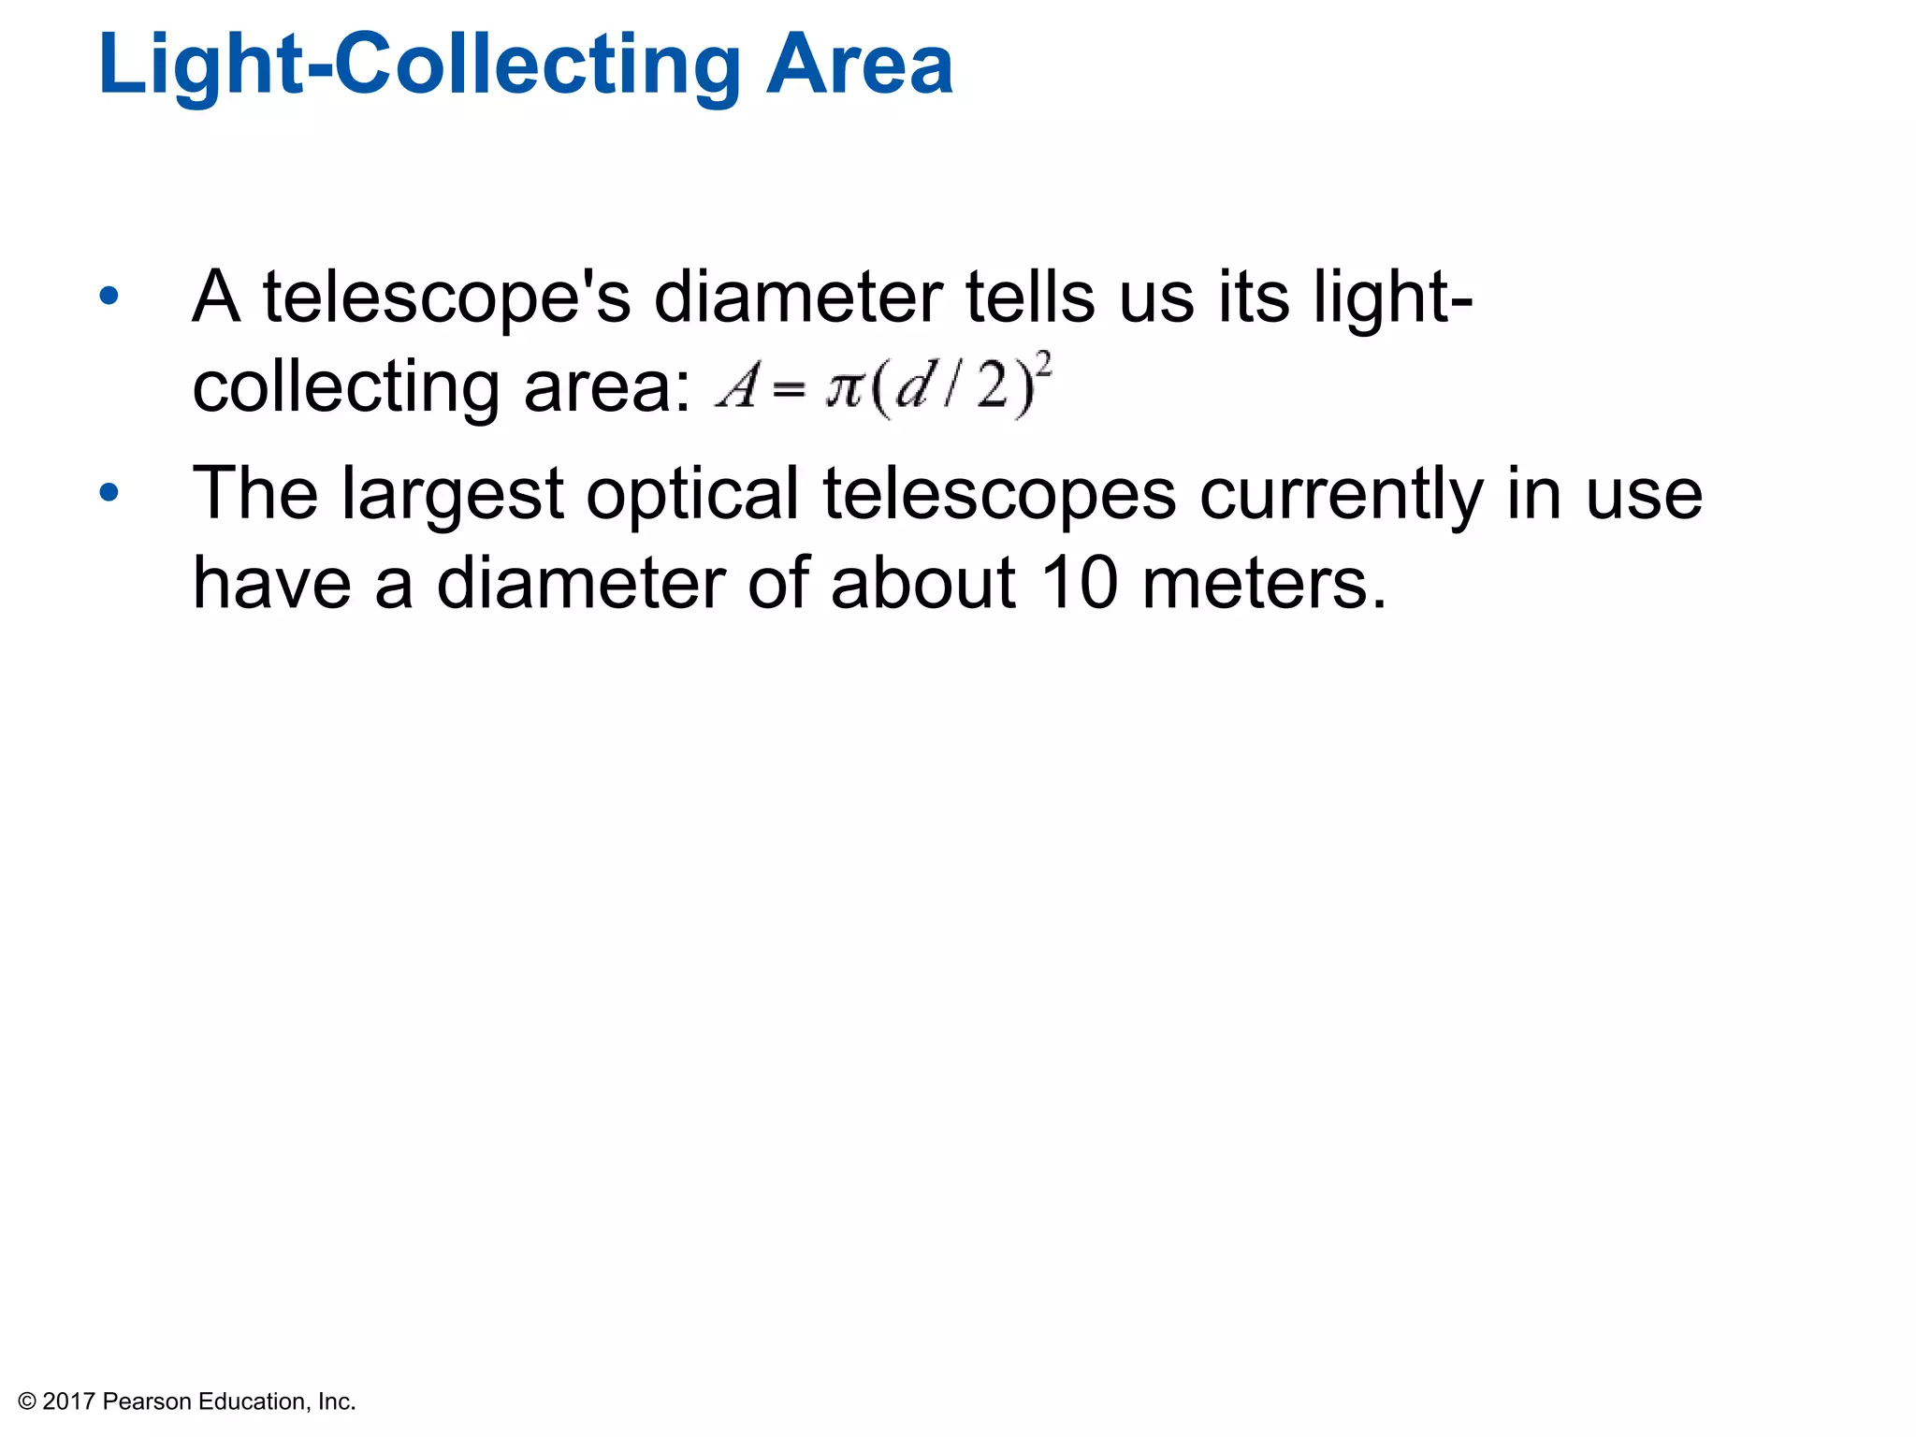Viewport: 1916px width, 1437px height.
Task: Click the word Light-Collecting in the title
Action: coord(420,65)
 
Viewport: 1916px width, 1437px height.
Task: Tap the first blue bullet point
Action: coord(109,297)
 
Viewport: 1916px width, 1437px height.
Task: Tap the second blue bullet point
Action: coord(109,492)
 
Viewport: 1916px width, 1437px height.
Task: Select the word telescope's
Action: coord(446,298)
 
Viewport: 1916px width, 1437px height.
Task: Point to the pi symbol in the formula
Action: coord(844,386)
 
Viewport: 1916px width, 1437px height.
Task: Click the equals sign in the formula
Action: coord(789,389)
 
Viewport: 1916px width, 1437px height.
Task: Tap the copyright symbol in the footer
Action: coord(27,1401)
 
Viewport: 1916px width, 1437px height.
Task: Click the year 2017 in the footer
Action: coord(68,1401)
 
